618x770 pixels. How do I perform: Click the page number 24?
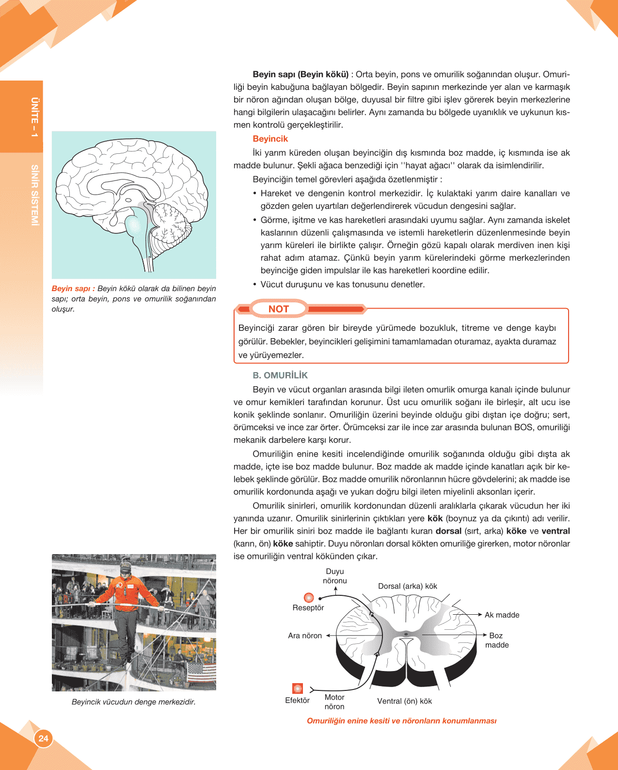(44, 738)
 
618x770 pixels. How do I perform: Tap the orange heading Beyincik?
(270, 139)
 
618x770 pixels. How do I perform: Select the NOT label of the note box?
(278, 309)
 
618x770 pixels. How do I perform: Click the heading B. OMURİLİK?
(280, 376)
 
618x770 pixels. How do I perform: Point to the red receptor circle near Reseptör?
(309, 597)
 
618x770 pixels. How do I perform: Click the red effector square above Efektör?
(298, 688)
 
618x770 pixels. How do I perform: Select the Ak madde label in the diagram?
(502, 615)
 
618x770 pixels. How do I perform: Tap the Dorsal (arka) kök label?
(407, 586)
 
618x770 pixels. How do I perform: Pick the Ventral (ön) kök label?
(404, 701)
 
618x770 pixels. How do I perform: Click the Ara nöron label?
(305, 636)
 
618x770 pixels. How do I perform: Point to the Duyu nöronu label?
(335, 576)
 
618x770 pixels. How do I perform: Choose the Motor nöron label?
(334, 702)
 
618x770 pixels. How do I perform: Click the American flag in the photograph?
(201, 672)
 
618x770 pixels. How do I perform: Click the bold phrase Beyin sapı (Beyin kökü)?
(301, 75)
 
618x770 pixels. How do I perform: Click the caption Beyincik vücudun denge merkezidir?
(134, 702)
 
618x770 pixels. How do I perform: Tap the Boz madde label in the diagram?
(497, 640)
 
